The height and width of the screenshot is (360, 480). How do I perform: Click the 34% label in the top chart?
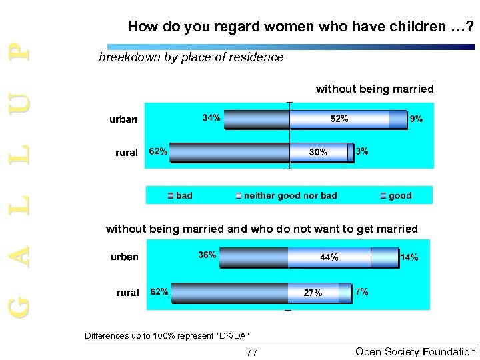point(211,118)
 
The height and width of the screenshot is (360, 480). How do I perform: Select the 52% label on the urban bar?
point(339,119)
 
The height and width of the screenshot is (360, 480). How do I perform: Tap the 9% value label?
point(416,119)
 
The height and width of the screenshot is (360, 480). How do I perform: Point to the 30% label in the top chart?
point(318,153)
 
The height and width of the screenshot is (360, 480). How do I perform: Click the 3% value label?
point(363,151)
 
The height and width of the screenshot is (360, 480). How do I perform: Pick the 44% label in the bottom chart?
point(329,257)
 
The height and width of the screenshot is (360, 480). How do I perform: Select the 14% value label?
point(409,257)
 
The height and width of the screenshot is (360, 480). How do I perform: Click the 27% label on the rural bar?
point(313,293)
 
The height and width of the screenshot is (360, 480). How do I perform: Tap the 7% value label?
point(362,291)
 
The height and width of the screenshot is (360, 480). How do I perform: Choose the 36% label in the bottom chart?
point(207,255)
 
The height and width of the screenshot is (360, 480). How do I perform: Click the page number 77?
point(252,352)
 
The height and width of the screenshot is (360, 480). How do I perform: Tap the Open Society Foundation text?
point(415,351)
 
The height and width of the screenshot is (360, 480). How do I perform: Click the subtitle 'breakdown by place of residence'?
point(191,57)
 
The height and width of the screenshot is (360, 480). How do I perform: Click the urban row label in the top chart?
point(123,119)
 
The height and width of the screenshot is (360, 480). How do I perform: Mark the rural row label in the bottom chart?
point(127,292)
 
